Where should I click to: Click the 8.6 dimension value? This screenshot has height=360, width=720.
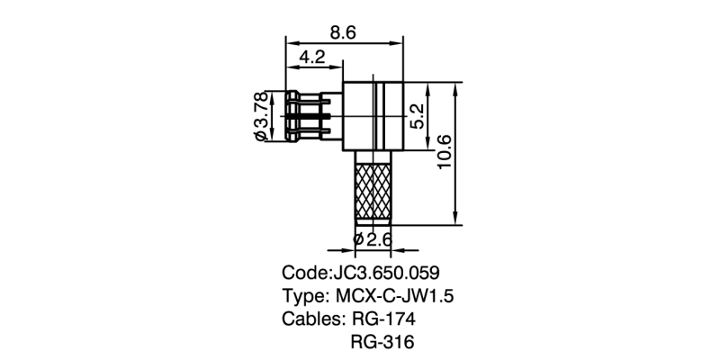click(x=343, y=33)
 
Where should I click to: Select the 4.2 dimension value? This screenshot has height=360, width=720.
click(x=312, y=58)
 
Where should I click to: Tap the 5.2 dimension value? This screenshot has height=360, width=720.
click(x=415, y=116)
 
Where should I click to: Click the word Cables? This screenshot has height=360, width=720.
click(x=310, y=319)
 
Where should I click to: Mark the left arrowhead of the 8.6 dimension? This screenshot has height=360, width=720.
click(x=290, y=42)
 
